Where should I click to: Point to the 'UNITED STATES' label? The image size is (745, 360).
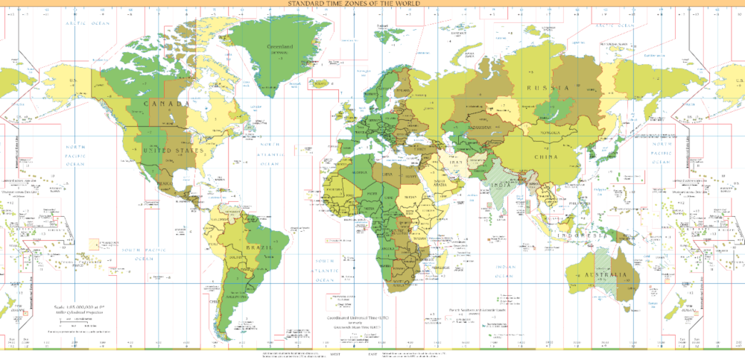(x=173, y=151)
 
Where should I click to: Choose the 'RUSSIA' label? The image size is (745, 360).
(x=548, y=88)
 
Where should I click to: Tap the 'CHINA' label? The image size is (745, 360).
(x=546, y=157)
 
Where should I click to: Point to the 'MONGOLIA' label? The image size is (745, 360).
(x=549, y=132)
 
